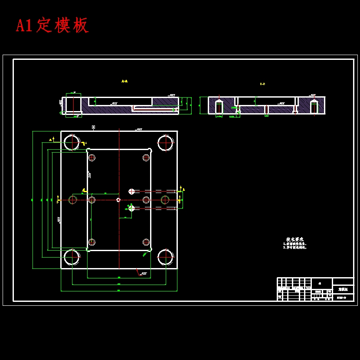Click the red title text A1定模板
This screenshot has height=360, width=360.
click(x=52, y=25)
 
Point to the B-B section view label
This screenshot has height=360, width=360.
click(x=262, y=84)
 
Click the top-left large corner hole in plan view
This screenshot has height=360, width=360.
click(x=72, y=142)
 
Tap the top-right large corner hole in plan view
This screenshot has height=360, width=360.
click(x=165, y=143)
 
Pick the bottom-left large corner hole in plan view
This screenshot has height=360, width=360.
click(x=72, y=257)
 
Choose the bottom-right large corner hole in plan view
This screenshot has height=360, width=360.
click(x=165, y=257)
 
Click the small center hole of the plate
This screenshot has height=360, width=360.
click(x=118, y=200)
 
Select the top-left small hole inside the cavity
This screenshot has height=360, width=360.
click(x=92, y=158)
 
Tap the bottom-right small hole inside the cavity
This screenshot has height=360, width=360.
click(x=146, y=242)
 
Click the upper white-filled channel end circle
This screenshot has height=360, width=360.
click(x=131, y=191)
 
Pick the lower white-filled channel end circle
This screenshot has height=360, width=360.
click(x=131, y=208)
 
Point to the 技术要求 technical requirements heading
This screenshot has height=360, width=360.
click(x=295, y=239)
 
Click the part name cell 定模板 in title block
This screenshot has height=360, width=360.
click(x=343, y=289)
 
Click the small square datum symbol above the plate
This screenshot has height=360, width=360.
click(x=93, y=127)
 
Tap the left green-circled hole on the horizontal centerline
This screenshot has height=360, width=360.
click(x=72, y=200)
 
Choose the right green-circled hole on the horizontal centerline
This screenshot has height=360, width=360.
click(x=165, y=200)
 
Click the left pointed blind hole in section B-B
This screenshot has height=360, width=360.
click(x=219, y=107)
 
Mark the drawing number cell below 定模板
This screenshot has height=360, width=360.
click(x=343, y=298)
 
